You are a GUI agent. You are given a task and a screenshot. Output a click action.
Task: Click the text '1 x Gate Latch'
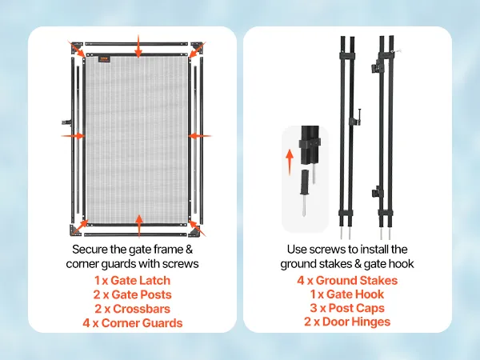[x=132, y=281]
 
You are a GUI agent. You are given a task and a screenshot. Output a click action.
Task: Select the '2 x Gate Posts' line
[x=132, y=294]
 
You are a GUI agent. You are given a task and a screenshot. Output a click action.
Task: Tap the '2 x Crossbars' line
[x=132, y=309]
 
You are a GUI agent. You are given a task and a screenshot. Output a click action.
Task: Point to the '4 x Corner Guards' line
[x=132, y=323]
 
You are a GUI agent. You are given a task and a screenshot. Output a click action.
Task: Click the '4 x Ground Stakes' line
[x=347, y=281]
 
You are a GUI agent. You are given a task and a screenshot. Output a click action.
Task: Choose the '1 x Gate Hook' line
[x=347, y=294]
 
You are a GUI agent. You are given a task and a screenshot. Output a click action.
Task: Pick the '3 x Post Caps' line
[x=347, y=308]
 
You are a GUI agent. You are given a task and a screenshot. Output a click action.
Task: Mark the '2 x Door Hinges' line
[x=347, y=322]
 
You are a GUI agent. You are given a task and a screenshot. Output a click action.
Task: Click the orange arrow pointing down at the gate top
[x=138, y=46]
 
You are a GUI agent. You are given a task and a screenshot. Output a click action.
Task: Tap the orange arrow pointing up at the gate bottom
[x=139, y=226]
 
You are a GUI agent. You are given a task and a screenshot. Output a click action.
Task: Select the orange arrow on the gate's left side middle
[x=73, y=136]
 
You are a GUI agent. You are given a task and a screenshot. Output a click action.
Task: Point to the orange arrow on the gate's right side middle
[x=199, y=136]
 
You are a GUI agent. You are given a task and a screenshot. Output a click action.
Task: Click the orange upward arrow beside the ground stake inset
[x=290, y=162]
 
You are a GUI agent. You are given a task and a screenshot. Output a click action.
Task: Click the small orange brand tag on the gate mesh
[x=103, y=58]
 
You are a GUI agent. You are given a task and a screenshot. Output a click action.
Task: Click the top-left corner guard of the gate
[x=76, y=47]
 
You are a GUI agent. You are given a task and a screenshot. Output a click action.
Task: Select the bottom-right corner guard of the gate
[x=194, y=232]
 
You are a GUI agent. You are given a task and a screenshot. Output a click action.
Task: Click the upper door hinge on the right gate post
[x=376, y=68]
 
